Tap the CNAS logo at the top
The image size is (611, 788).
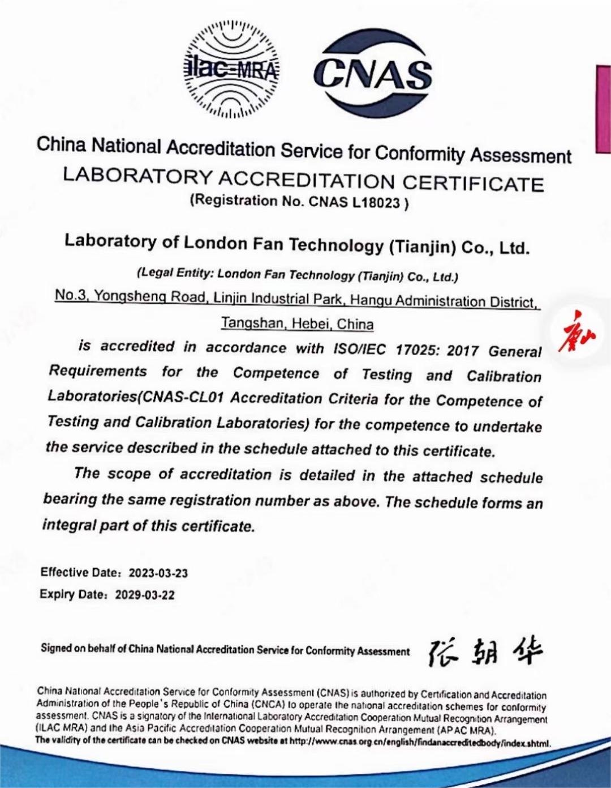tap(372, 73)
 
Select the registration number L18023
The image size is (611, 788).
tap(376, 203)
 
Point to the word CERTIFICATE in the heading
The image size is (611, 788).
tap(473, 183)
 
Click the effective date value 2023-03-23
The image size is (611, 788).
tap(158, 573)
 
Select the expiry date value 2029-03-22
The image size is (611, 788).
tap(145, 595)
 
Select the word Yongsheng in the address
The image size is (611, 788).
tap(130, 296)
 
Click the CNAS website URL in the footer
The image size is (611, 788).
tap(419, 743)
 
